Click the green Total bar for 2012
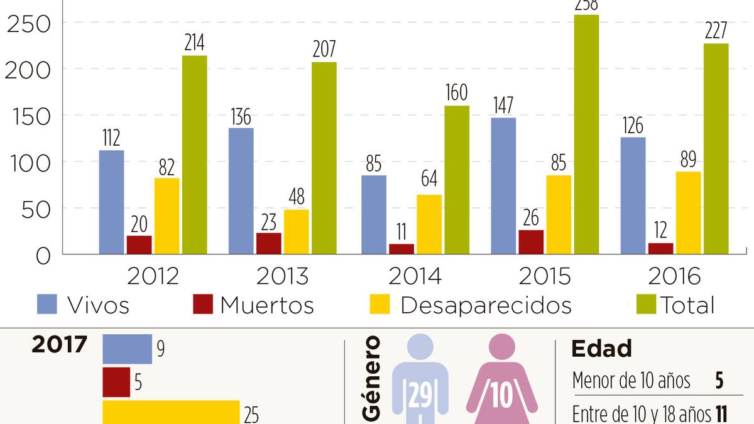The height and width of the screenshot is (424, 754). [x=194, y=155]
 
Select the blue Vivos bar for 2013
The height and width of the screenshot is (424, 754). [x=241, y=191]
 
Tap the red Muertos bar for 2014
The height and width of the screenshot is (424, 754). [x=402, y=249]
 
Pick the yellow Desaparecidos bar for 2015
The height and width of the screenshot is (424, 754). [x=559, y=214]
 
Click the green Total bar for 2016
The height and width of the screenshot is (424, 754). [x=716, y=148]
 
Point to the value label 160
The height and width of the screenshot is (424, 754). [x=456, y=92]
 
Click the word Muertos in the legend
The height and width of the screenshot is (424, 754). [x=267, y=305]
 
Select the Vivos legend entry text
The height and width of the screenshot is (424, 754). [x=98, y=305]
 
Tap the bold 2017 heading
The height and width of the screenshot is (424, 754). [x=60, y=345]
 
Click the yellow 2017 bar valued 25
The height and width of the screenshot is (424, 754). [x=171, y=412]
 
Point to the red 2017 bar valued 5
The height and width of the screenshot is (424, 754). [x=116, y=382]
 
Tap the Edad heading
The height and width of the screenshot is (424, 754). [x=601, y=349]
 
